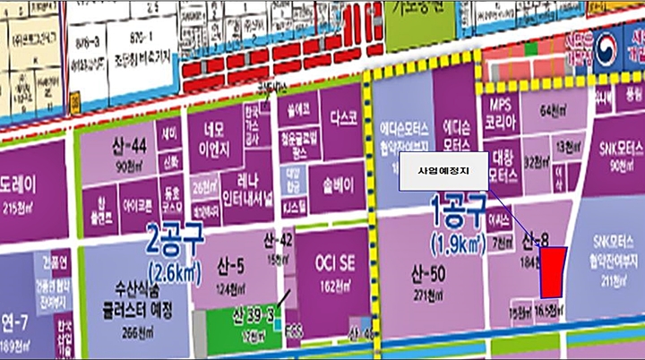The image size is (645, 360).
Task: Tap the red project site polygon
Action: (x=550, y=271)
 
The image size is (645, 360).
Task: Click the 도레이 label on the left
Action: (x=20, y=189)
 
